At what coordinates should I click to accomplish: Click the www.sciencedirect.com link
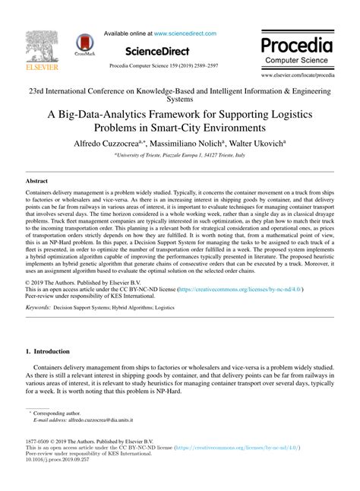[x=185, y=33]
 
